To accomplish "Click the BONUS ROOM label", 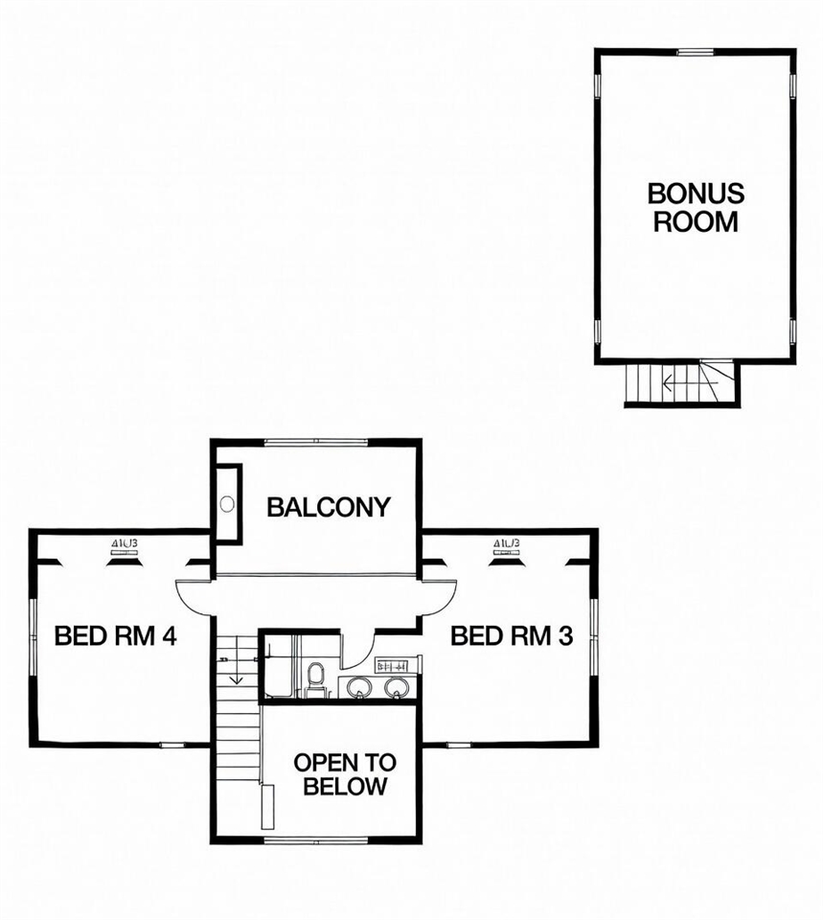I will coord(696,207).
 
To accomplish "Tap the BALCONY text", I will coord(329,507).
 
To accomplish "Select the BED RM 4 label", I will coord(115,635).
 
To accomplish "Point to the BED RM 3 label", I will coord(512,635).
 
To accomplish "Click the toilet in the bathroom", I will coord(314,678).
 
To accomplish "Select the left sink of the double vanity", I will coord(358,686).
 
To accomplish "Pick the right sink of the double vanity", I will coord(395,686).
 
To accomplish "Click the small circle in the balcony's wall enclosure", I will coord(227,502).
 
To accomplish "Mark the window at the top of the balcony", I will coord(315,442).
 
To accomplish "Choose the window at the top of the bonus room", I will coord(696,51).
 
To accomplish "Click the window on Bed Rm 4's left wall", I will coord(33,638).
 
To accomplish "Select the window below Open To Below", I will coord(315,840).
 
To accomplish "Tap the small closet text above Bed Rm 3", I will coord(507,543).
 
